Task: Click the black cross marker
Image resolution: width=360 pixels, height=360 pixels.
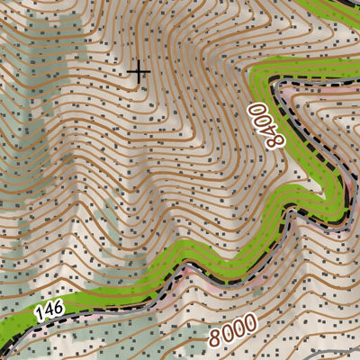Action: coord(139,71)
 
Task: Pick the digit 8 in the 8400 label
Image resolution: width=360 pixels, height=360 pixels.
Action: coord(277,150)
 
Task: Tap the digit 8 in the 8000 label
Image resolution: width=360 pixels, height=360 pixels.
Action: coord(215,340)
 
